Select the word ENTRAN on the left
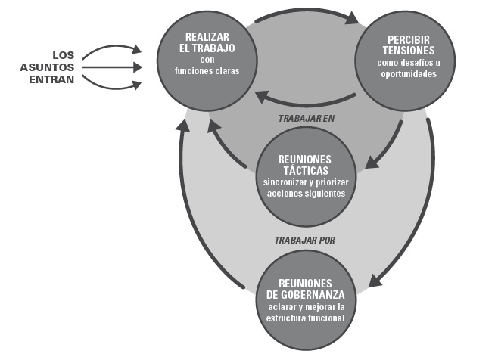coord(54,79)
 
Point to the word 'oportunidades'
coord(408,75)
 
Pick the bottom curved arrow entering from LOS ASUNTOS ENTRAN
coord(110,82)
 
